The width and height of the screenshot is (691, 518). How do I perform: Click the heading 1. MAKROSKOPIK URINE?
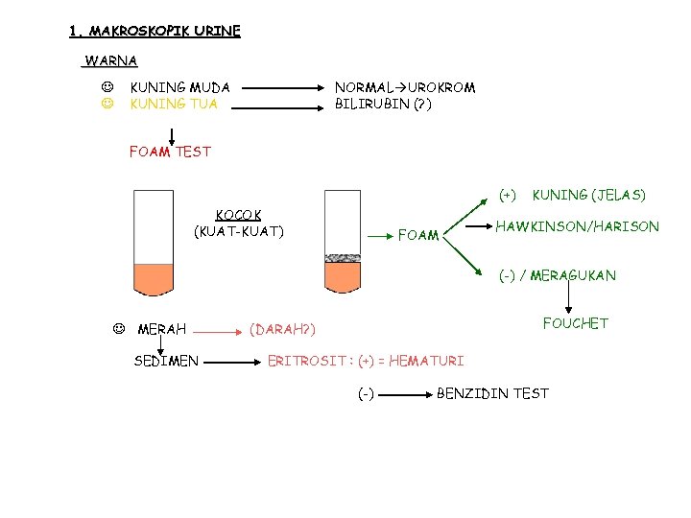155,31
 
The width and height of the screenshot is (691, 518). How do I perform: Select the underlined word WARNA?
111,61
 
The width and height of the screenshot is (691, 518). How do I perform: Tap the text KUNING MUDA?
179,87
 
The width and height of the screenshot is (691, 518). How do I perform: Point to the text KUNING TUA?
174,104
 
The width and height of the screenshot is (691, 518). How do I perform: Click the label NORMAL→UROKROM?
404,87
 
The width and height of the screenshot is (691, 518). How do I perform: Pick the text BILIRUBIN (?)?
383,104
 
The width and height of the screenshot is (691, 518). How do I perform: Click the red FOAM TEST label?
170,151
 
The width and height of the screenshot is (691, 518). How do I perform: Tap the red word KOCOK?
239,215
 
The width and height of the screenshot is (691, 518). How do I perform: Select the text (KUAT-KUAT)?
239,231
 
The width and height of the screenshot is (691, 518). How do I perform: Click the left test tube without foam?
154,245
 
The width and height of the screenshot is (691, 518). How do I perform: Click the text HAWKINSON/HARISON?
577,226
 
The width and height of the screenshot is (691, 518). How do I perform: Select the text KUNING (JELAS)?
588,195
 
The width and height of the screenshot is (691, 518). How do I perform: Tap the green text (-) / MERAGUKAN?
557,275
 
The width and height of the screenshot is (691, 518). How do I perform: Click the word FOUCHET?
575,323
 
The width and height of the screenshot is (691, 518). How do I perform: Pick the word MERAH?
162,330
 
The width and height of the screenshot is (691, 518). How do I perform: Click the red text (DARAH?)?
282,330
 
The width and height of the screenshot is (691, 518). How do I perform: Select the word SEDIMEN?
166,361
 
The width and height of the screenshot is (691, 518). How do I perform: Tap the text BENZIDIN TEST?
492,393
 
